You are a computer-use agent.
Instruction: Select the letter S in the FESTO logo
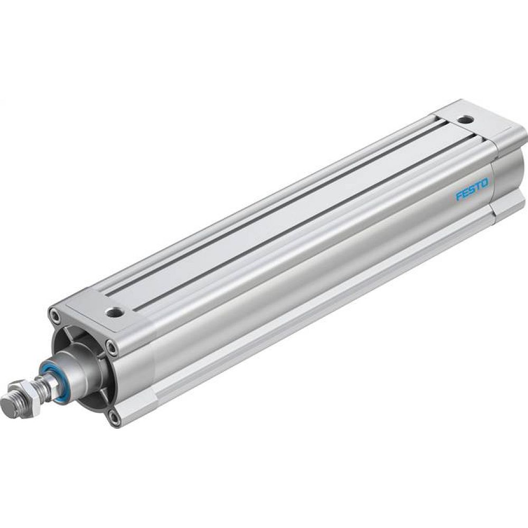pyautogui.click(x=472, y=191)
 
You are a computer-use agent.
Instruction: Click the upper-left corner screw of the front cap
pyautogui.click(x=54, y=316)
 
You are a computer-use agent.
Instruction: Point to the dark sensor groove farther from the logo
pyautogui.click(x=275, y=195)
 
